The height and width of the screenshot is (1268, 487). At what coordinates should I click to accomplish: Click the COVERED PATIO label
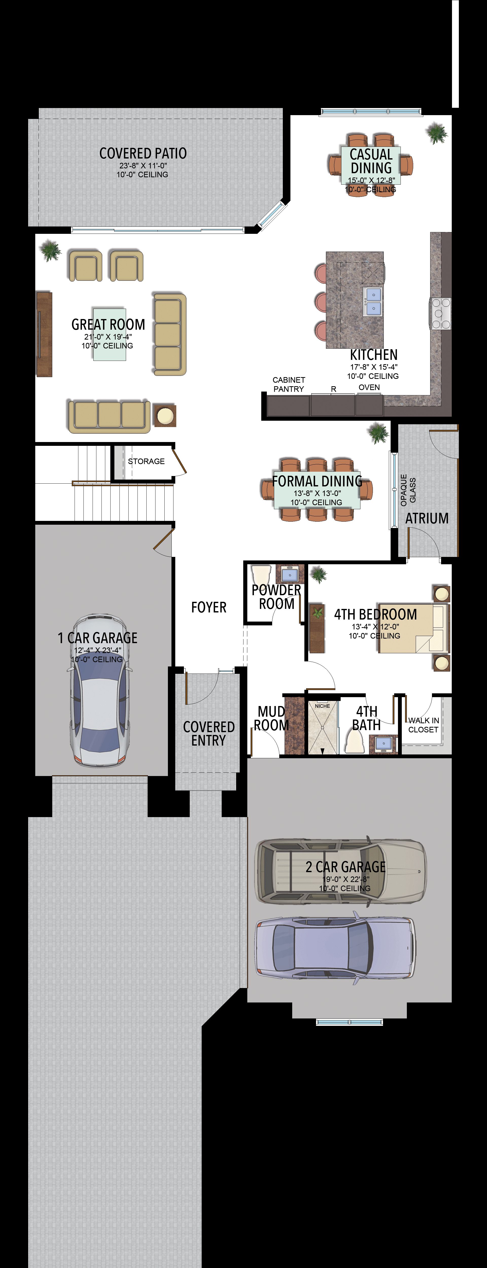143,154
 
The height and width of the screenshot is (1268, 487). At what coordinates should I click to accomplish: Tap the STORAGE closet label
146,461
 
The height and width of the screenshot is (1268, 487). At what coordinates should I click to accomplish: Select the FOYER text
209,607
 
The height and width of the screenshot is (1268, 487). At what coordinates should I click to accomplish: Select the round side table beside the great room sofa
164,416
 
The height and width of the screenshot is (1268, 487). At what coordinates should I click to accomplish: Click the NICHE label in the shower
323,706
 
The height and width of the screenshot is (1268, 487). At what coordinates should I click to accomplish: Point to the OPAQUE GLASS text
408,490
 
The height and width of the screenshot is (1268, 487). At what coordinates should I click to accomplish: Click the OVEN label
369,388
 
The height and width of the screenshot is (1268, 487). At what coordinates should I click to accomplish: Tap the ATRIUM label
427,518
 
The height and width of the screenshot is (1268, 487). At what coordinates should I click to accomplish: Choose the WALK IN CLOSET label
424,725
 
